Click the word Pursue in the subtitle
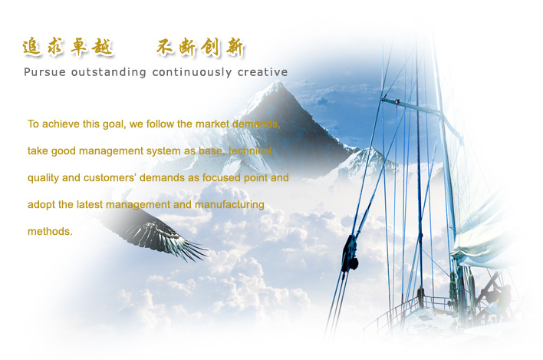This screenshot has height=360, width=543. pyautogui.click(x=44, y=72)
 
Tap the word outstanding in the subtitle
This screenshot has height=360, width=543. pyautogui.click(x=108, y=72)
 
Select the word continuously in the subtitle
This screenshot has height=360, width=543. pyautogui.click(x=192, y=72)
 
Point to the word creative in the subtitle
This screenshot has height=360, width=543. pyautogui.click(x=262, y=72)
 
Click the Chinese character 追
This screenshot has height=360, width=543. pyautogui.click(x=31, y=47)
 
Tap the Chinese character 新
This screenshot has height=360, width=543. pyautogui.click(x=235, y=47)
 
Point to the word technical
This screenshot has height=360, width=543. pyautogui.click(x=250, y=150)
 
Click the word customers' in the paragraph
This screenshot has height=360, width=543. pyautogui.click(x=110, y=178)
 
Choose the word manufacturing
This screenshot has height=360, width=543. pyautogui.click(x=229, y=205)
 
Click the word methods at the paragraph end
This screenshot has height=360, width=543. pyautogui.click(x=50, y=231)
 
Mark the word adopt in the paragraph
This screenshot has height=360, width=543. pyautogui.click(x=41, y=205)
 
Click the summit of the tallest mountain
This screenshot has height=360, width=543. pyautogui.click(x=277, y=82)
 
